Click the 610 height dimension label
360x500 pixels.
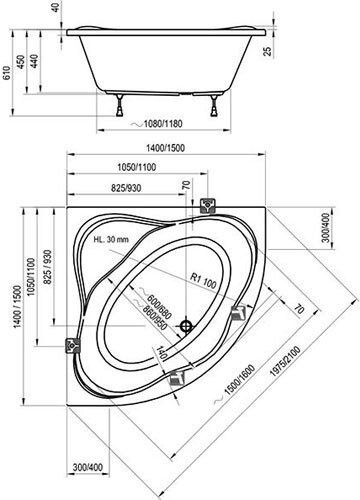[7, 73]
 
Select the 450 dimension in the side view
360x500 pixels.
[21, 62]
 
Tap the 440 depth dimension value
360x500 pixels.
[35, 61]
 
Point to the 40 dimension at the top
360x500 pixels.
[56, 8]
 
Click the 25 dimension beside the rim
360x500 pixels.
[268, 51]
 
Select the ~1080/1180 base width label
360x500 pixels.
[157, 124]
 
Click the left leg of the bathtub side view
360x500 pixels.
[119, 105]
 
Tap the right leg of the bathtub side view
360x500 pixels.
[214, 105]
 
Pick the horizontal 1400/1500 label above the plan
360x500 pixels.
[165, 148]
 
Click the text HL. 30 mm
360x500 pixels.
[111, 239]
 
